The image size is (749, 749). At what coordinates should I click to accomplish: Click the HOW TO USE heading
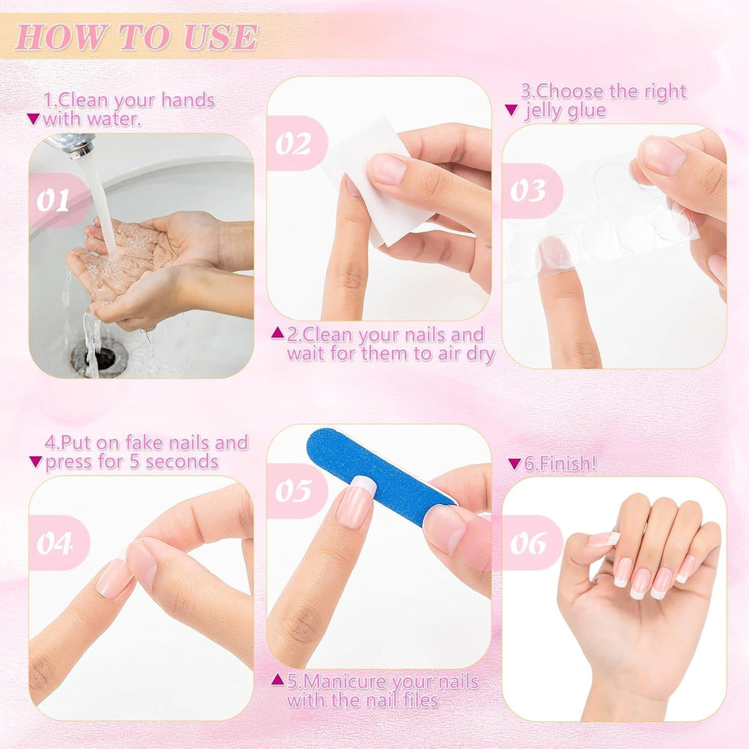point(136,37)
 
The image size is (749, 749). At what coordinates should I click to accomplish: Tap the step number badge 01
point(54,201)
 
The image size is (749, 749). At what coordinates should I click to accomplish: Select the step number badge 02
point(292,143)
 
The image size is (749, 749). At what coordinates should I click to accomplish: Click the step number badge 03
point(528,191)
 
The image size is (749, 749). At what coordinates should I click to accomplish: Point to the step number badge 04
point(55,542)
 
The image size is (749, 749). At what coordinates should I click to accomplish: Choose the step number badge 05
point(292,491)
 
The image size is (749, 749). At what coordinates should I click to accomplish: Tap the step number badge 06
point(527,542)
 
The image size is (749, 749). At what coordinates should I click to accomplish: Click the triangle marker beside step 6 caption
point(514,464)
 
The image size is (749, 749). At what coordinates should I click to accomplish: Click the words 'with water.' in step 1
point(91,120)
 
